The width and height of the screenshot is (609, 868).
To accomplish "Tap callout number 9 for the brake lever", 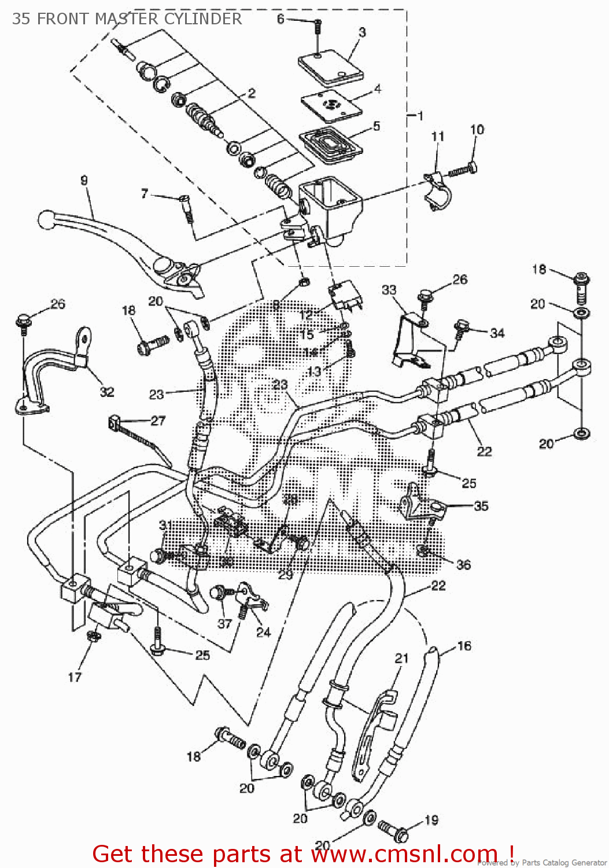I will point(84,181).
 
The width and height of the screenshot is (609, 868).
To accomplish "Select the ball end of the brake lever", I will point(46,219).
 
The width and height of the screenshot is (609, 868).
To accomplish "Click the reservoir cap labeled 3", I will point(331,71).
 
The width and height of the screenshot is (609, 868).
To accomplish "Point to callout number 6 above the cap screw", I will point(280,19).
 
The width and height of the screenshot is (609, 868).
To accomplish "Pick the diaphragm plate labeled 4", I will point(331,106).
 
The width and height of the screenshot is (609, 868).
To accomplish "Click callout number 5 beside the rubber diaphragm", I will point(377,126).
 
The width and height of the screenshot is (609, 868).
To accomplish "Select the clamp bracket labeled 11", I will point(437,190).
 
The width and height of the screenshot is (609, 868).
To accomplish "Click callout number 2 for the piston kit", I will point(252,93).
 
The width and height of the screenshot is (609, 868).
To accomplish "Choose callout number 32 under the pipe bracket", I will point(107,392).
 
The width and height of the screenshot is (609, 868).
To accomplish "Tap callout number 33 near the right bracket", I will point(389,289).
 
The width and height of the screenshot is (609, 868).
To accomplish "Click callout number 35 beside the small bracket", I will point(481,506).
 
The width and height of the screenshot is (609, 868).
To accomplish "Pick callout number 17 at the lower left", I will point(75,676).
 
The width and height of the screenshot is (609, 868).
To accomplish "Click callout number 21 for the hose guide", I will point(402,658).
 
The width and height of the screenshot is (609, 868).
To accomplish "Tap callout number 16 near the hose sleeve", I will point(464,646).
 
